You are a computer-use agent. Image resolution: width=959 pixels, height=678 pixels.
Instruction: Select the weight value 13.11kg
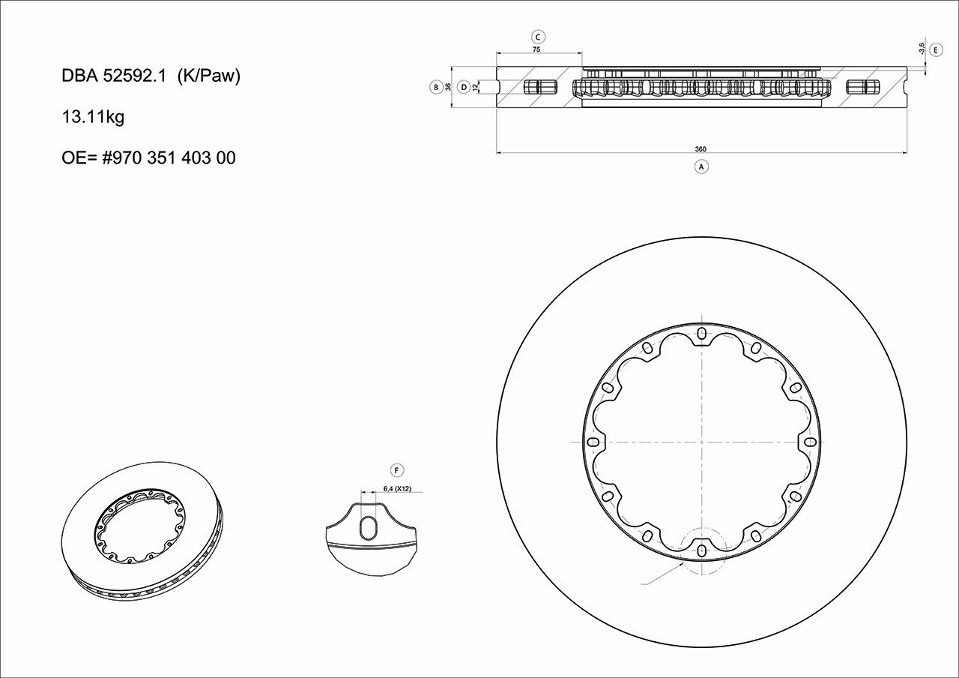point(93,117)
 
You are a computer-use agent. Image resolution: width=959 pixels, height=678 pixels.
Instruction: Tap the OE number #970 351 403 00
point(148,158)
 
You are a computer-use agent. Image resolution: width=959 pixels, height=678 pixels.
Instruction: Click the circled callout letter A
point(701,166)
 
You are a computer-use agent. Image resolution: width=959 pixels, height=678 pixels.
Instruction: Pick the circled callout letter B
point(436,87)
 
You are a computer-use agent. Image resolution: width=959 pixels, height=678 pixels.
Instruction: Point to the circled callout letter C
point(538,36)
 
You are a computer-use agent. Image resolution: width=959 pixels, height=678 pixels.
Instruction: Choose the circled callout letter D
point(464,87)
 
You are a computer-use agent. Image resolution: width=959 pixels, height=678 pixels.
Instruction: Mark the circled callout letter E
point(936,49)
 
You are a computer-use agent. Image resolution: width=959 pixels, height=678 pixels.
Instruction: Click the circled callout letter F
point(397,470)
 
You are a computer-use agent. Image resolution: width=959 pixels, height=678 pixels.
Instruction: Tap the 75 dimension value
point(536,49)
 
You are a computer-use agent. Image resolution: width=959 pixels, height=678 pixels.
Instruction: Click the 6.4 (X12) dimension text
point(397,489)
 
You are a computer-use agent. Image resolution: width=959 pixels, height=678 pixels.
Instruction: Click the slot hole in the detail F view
point(369,528)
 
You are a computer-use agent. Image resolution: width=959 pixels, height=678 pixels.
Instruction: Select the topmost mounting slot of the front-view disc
point(701,333)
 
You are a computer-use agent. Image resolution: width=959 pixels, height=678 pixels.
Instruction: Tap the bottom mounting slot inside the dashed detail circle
point(701,550)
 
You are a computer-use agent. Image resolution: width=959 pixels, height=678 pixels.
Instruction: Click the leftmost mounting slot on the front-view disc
point(593,442)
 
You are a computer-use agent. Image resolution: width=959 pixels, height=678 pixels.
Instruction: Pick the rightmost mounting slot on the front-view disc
point(810,442)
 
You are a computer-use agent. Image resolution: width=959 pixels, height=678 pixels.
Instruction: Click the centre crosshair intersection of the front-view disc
point(701,442)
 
